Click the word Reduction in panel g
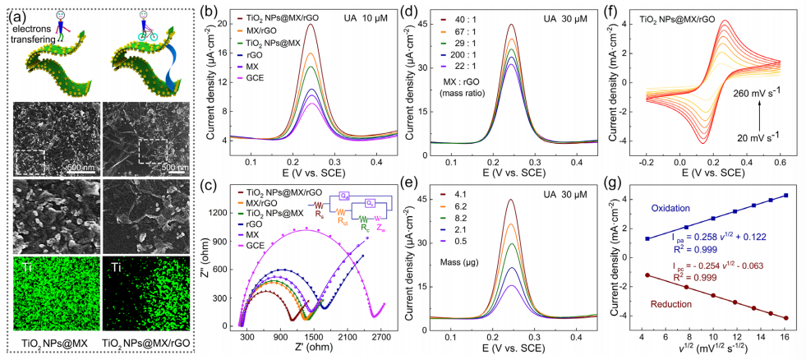coord(675,303)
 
